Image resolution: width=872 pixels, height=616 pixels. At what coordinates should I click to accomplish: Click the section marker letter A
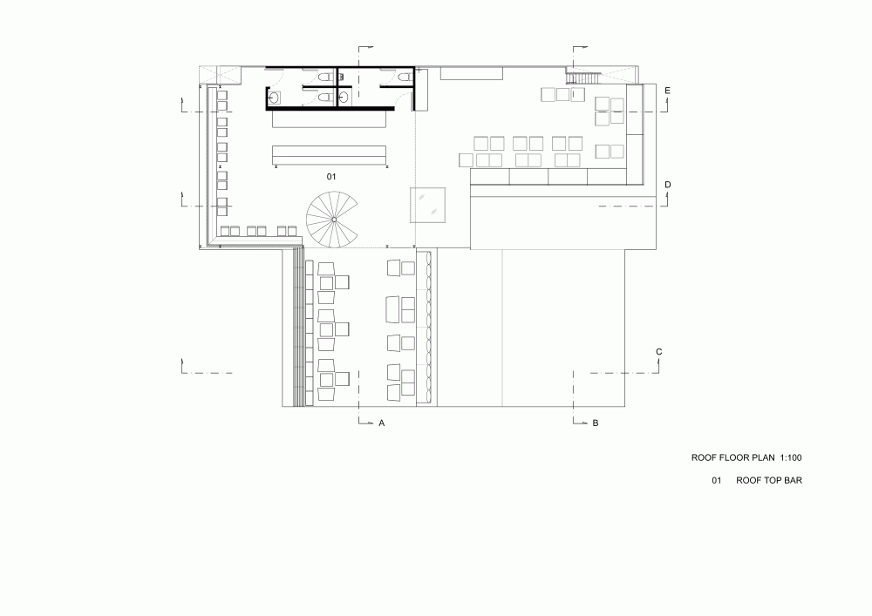tap(382, 423)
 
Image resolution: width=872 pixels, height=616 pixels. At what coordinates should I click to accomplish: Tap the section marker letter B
tap(595, 423)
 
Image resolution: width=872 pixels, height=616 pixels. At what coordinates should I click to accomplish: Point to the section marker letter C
tap(659, 352)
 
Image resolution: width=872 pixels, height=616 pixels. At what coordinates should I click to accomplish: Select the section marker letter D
tap(668, 185)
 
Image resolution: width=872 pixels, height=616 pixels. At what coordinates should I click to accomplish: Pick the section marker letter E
tap(667, 91)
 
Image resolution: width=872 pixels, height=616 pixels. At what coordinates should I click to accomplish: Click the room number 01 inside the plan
tap(331, 177)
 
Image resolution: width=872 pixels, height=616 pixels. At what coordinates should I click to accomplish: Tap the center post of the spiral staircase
tap(334, 220)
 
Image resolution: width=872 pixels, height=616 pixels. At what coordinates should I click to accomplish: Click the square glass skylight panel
tap(427, 205)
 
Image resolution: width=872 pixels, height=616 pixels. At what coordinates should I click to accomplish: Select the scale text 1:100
tap(790, 457)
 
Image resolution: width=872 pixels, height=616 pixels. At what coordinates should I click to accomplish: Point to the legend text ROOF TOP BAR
tap(769, 480)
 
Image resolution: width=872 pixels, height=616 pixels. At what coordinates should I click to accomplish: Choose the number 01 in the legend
tap(716, 480)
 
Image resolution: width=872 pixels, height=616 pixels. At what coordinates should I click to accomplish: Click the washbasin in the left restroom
tap(274, 98)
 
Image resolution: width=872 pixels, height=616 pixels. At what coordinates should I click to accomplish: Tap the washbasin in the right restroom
tap(344, 98)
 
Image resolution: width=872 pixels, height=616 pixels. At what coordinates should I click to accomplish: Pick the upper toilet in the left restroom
tap(326, 77)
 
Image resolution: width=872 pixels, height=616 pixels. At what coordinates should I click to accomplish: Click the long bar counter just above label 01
tap(330, 155)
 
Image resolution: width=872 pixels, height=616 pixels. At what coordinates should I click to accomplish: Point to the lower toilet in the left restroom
tap(326, 98)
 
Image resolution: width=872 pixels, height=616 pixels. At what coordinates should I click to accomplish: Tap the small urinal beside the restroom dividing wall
tap(341, 77)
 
